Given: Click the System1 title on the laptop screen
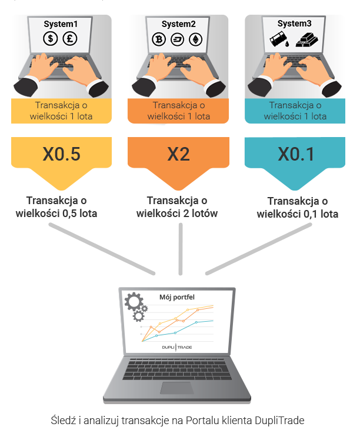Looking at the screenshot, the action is [61, 24].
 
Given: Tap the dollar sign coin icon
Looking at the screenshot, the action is [51, 38].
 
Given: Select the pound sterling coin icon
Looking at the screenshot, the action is [70, 38].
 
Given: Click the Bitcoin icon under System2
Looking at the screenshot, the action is [159, 39].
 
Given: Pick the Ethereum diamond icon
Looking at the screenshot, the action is [196, 39].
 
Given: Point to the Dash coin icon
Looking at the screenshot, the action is [177, 39].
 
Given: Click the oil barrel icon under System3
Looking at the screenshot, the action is [279, 40].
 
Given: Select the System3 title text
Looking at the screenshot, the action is [295, 24].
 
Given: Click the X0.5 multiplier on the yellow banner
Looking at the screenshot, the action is [61, 154].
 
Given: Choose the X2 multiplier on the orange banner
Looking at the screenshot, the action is [178, 154].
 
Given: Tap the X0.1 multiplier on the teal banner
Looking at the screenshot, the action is [296, 154].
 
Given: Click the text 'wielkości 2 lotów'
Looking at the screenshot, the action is [177, 214].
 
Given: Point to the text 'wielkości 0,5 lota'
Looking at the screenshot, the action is [56, 214].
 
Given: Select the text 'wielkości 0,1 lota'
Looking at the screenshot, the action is [298, 214].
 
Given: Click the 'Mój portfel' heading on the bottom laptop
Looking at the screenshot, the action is [177, 297].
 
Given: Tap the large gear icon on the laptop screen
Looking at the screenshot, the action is [134, 302].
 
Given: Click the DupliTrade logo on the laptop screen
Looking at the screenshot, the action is [177, 348].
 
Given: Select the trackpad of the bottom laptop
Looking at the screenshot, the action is [177, 388].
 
